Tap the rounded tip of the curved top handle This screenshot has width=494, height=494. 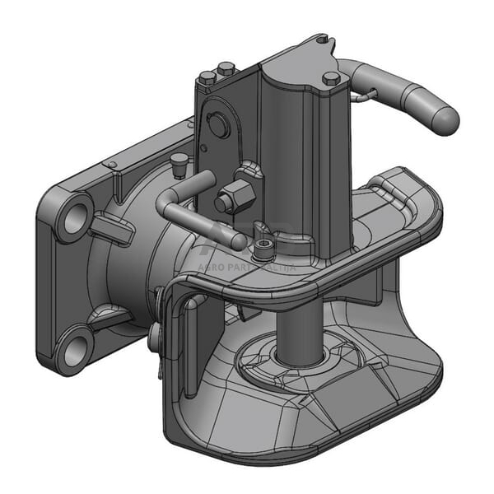coord(445,119)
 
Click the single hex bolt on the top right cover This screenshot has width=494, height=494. coord(331,78)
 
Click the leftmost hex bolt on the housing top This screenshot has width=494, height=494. coord(207,77)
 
